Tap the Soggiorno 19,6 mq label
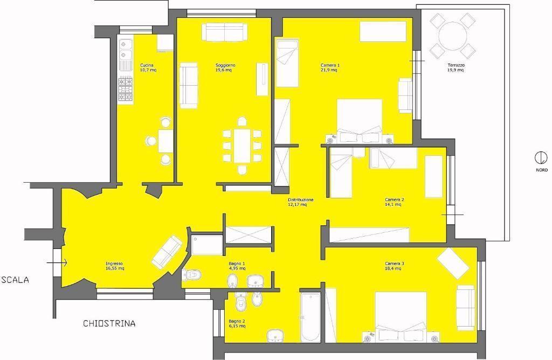click(225, 67)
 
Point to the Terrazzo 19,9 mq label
click(456, 67)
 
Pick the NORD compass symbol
click(541, 158)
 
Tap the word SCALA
click(15, 280)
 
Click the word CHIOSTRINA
click(109, 323)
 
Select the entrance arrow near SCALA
click(57, 262)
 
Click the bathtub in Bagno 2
click(310, 317)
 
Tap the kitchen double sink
click(125, 49)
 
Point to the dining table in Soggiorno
click(242, 146)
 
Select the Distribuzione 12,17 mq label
click(300, 202)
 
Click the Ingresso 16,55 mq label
click(115, 266)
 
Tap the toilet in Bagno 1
click(192, 274)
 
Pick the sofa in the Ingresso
click(167, 252)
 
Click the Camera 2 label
click(394, 202)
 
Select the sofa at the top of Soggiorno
click(224, 32)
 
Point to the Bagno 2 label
click(237, 323)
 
